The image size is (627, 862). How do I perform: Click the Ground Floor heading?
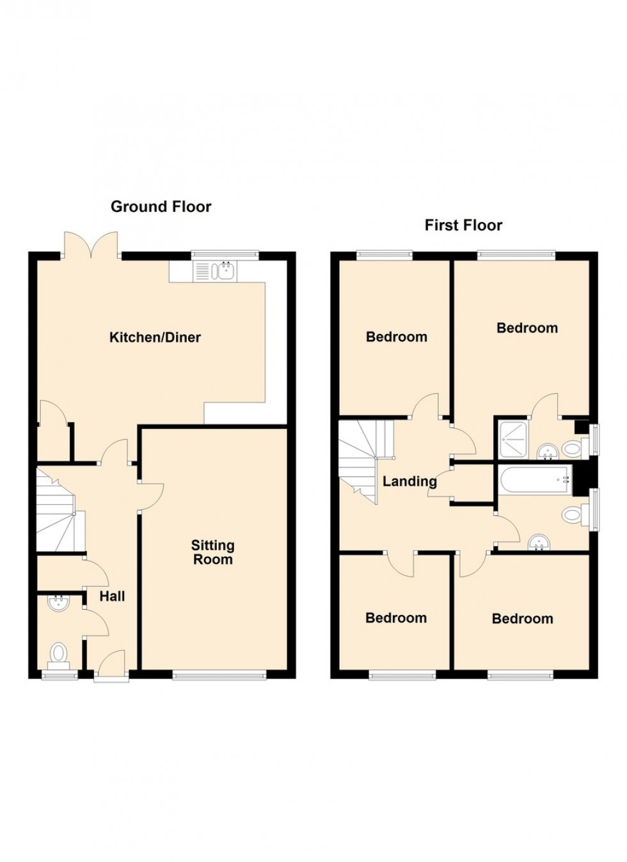point(161,207)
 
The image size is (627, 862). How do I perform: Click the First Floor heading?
point(463,225)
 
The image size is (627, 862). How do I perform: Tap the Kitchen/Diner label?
point(155,337)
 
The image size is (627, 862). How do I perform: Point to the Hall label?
point(113,596)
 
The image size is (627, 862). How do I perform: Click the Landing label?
point(409,481)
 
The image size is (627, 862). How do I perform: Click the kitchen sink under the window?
point(216,270)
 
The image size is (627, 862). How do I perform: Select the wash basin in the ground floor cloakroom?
point(58,604)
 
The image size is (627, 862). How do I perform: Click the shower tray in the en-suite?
point(513,440)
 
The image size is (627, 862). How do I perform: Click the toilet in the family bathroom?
point(575,515)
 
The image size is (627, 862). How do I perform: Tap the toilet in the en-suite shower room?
point(575,449)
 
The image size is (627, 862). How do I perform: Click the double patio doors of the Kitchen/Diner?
point(91,245)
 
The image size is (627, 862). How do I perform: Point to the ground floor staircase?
point(60,510)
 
